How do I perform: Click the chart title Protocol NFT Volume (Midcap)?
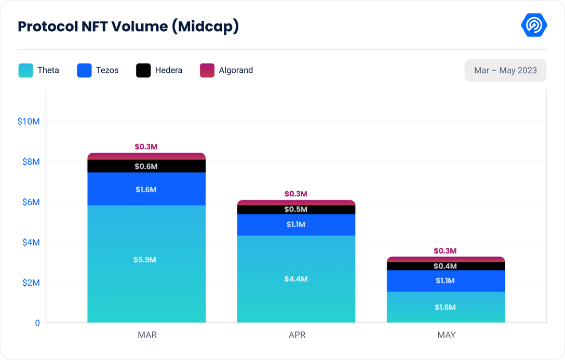(128, 26)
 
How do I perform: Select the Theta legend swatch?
(25, 71)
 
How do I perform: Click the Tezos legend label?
(107, 71)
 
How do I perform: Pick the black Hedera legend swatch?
(143, 71)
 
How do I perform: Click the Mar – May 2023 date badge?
(505, 71)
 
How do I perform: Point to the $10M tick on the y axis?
(29, 122)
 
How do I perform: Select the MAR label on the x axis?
(147, 335)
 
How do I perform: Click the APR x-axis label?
(297, 335)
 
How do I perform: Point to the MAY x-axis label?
(446, 335)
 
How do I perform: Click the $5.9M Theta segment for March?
(146, 260)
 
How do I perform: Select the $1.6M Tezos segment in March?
(146, 190)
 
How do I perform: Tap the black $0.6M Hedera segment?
(146, 166)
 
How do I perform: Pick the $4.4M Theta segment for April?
(296, 279)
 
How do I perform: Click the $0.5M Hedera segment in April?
(296, 209)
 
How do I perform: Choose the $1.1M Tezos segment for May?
(446, 281)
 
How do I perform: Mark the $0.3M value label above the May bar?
(446, 251)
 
